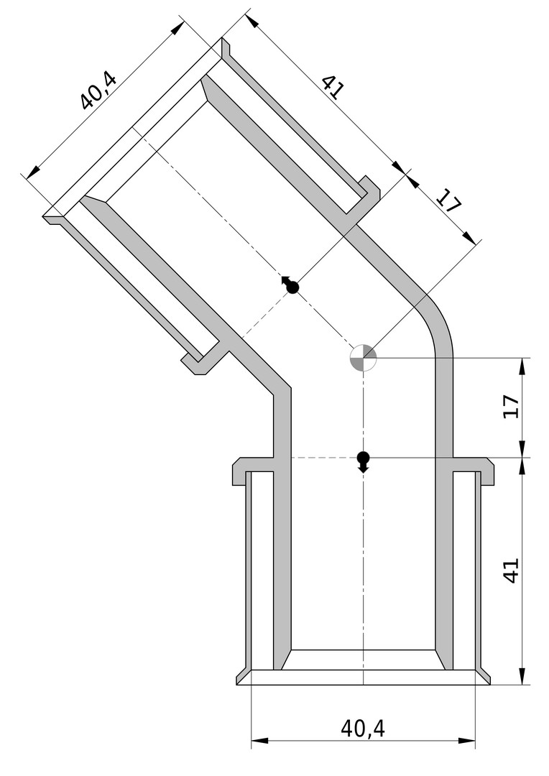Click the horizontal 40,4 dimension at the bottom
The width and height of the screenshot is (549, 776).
pyautogui.click(x=362, y=729)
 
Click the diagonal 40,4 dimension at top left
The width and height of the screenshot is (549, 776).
pyautogui.click(x=98, y=91)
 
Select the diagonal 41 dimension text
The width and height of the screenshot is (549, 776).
pyautogui.click(x=331, y=88)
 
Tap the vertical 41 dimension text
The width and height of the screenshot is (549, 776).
pyautogui.click(x=512, y=570)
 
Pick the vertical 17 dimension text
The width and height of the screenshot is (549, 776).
pyautogui.click(x=512, y=407)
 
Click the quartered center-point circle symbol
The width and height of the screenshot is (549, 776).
pyautogui.click(x=364, y=357)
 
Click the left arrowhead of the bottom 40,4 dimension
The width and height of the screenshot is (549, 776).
pyautogui.click(x=259, y=741)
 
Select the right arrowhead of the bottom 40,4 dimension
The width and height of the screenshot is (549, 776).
pyautogui.click(x=467, y=741)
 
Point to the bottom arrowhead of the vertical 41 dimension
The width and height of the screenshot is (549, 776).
pyautogui.click(x=522, y=676)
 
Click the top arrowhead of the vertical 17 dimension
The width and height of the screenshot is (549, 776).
pyautogui.click(x=522, y=366)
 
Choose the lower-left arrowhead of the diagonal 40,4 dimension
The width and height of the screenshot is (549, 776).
pyautogui.click(x=33, y=172)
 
